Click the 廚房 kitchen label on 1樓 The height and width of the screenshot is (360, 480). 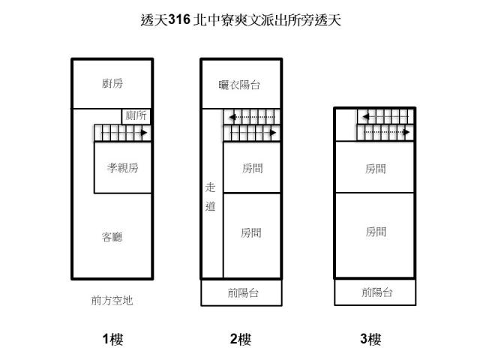tap(112, 83)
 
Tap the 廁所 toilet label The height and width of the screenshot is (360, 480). tap(137, 115)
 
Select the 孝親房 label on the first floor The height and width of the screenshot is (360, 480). tap(122, 168)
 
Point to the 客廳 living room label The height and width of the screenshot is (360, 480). tap(112, 237)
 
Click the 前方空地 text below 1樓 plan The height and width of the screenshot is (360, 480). tap(112, 301)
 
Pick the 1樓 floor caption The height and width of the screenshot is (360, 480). tap(112, 340)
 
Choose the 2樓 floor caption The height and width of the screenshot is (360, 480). tap(241, 340)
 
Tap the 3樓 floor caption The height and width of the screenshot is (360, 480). tap(370, 340)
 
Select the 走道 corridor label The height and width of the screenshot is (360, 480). tap(211, 197)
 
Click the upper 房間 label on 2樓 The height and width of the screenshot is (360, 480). tap(252, 168)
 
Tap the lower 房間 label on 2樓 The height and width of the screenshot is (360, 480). tap(252, 232)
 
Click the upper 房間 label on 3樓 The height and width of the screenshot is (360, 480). tap(376, 168)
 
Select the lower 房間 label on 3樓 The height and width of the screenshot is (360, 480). tap(376, 232)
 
